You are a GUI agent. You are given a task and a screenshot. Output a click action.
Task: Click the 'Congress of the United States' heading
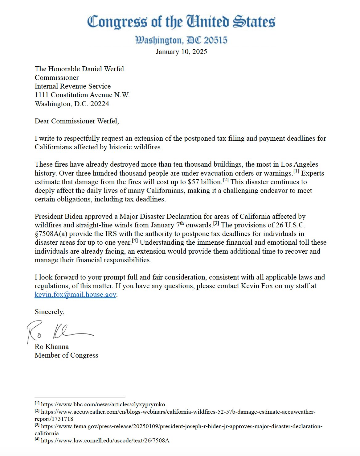click(x=181, y=22)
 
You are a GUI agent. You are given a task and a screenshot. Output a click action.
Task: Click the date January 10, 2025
click(x=181, y=52)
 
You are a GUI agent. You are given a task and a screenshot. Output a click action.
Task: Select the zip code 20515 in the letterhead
click(x=215, y=40)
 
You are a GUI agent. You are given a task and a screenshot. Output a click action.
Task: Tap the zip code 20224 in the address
click(x=100, y=104)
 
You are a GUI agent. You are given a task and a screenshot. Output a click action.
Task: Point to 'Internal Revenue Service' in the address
click(x=72, y=86)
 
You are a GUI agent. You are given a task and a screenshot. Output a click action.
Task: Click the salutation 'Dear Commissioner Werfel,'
click(x=77, y=121)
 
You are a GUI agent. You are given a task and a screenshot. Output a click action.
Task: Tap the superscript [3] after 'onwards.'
click(x=216, y=223)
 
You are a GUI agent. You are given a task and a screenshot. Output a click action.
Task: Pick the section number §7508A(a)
click(x=51, y=234)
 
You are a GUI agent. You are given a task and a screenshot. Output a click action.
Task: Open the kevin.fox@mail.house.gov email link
click(x=76, y=295)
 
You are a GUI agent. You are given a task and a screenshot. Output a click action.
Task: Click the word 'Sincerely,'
click(x=50, y=312)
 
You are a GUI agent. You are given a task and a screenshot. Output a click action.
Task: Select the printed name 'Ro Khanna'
click(x=51, y=346)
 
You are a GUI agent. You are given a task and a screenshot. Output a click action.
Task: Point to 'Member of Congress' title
click(x=66, y=355)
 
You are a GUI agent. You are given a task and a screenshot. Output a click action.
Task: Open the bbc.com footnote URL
click(x=103, y=404)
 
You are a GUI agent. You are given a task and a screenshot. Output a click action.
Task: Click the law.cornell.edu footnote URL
click(x=105, y=441)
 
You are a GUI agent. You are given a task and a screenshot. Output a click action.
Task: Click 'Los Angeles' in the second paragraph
click(x=299, y=164)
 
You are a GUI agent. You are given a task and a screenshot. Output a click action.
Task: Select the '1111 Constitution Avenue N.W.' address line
click(x=82, y=95)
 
